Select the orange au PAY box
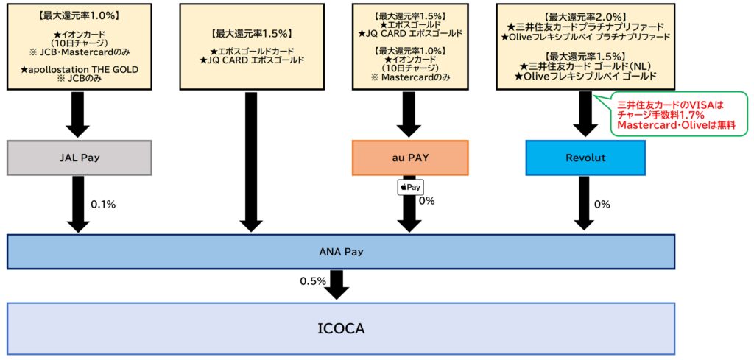click(x=410, y=158)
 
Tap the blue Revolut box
click(x=585, y=158)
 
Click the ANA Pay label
click(x=340, y=252)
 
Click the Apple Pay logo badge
click(x=410, y=187)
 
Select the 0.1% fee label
click(x=104, y=205)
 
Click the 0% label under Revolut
click(x=602, y=205)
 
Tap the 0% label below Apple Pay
click(x=426, y=200)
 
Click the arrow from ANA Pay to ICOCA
click(x=337, y=284)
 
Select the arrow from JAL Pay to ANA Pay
click(x=78, y=204)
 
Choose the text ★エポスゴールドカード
click(x=251, y=50)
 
